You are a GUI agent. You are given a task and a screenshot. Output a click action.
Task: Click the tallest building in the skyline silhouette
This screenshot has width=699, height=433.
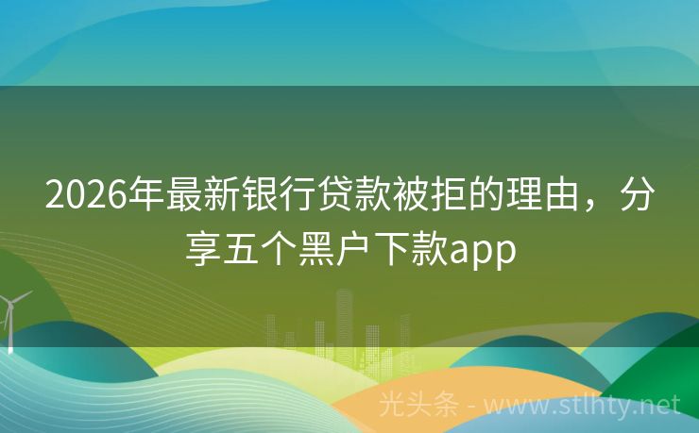[344, 316]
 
